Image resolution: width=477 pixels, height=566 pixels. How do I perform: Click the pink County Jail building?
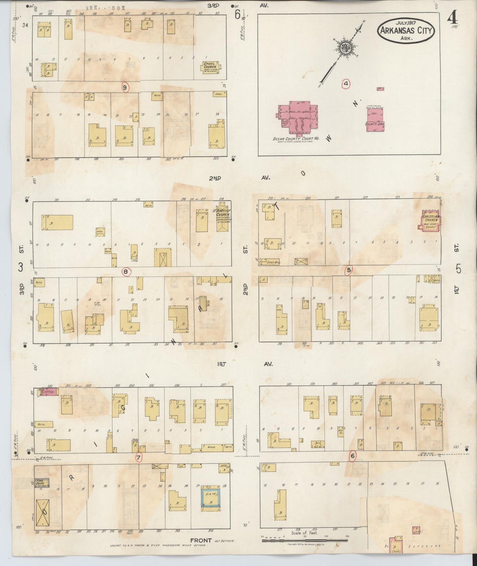point(375,121)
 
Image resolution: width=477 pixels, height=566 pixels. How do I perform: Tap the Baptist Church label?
point(223,213)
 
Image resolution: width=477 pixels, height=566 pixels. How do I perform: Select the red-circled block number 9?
point(125,87)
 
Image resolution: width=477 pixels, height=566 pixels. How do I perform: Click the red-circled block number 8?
point(125,272)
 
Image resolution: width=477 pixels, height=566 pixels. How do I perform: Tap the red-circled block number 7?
point(138,457)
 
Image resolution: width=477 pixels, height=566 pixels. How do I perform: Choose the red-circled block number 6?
point(353,456)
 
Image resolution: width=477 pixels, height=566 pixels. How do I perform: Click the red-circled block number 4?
point(346,84)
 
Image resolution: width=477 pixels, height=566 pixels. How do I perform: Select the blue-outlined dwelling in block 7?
point(210,496)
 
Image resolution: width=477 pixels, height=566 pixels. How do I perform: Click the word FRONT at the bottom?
point(200,540)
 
